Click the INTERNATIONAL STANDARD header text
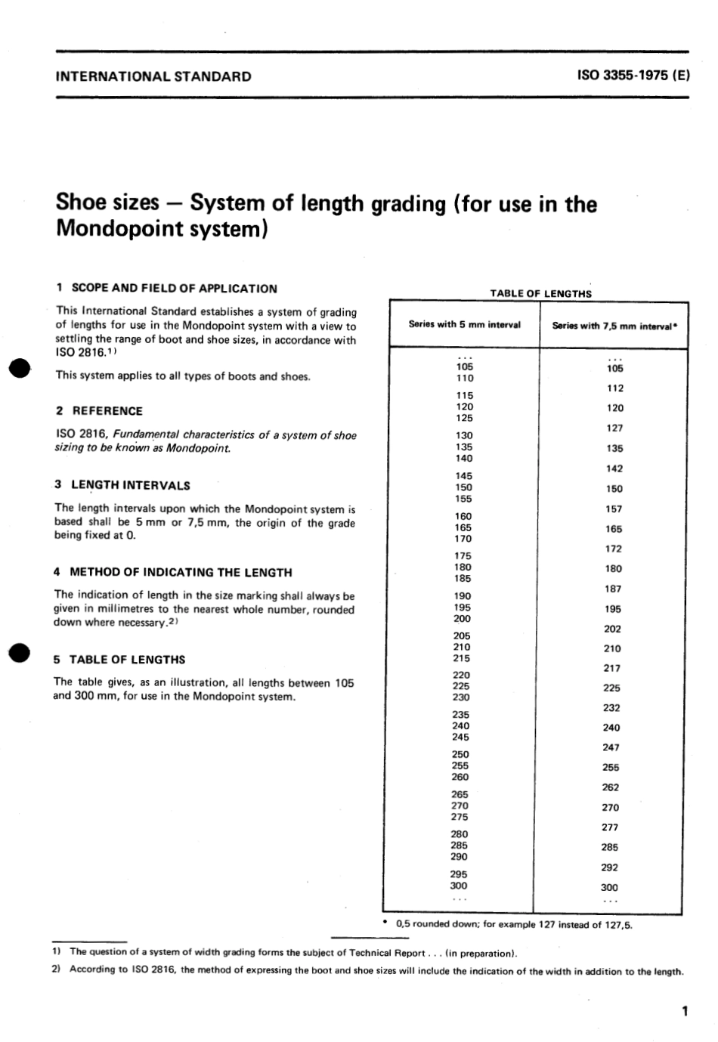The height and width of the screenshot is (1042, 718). point(153,76)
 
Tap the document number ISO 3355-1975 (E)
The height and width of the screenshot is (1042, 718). point(632,76)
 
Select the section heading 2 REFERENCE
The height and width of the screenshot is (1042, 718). point(99,411)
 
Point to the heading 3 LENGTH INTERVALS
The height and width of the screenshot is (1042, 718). point(122,485)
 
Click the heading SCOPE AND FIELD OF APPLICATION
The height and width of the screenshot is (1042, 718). point(174,288)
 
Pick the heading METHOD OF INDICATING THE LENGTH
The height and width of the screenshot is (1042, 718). point(181,572)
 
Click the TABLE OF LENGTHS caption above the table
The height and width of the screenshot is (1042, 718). point(540,294)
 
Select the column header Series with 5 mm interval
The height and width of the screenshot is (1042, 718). point(464,325)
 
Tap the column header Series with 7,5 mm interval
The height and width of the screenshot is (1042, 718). point(613,326)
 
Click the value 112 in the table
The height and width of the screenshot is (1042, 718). point(614,388)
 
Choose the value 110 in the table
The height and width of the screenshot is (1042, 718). point(464,379)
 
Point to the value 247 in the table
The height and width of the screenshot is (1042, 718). point(611,747)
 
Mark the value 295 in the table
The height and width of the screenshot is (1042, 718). point(459,874)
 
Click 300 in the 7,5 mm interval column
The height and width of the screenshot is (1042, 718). point(609,888)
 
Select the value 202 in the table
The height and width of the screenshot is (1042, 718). point(612,629)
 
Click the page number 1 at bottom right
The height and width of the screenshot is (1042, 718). point(684,1011)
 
